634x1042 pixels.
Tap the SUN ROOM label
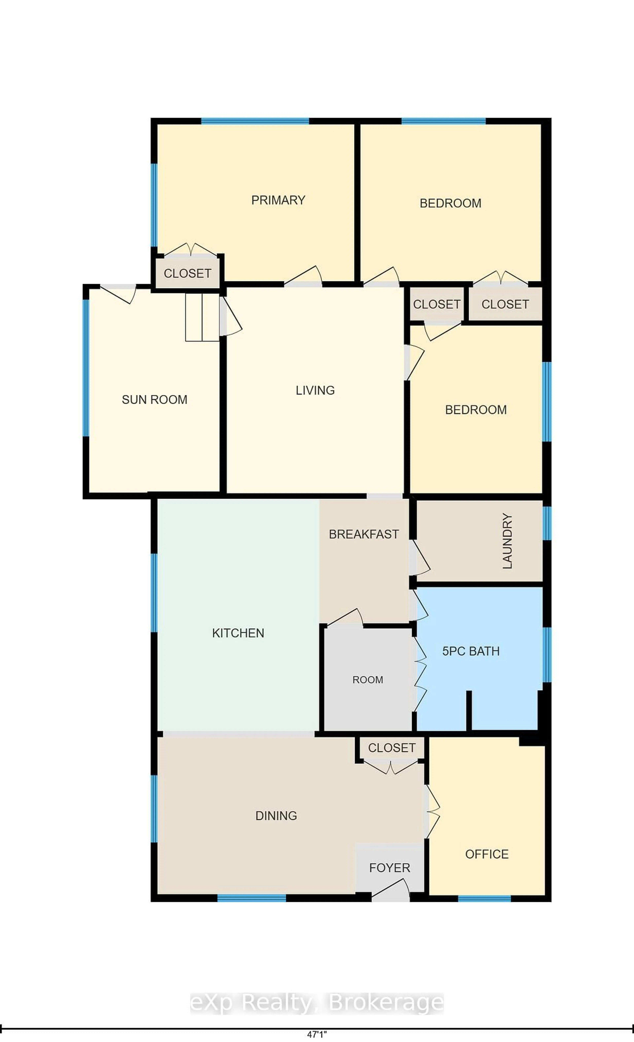click(x=155, y=400)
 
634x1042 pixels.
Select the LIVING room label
click(x=315, y=390)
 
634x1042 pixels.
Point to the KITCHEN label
click(x=238, y=633)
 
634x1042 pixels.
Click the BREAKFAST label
click(x=364, y=534)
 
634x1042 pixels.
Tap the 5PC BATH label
click(x=471, y=651)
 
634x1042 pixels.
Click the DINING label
click(x=276, y=816)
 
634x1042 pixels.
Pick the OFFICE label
click(x=487, y=854)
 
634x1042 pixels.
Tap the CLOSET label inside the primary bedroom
click(x=187, y=274)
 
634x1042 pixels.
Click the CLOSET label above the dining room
click(x=391, y=748)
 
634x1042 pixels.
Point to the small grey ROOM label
click(x=367, y=680)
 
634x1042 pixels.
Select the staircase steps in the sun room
click(x=202, y=317)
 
